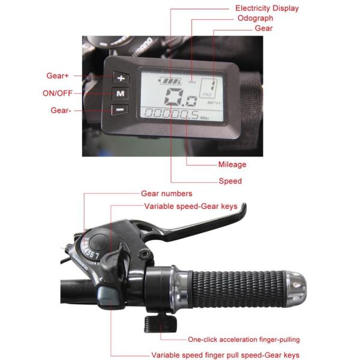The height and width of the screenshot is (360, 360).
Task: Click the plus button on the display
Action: point(121,78)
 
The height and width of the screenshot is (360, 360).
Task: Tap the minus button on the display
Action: point(119,110)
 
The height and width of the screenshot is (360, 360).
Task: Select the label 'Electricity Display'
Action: point(266,8)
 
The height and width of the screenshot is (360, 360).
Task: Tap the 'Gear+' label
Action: point(58,76)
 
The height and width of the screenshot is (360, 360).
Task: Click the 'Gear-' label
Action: point(58,110)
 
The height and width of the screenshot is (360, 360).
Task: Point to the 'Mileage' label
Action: point(232,164)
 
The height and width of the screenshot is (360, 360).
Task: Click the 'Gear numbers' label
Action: point(166,194)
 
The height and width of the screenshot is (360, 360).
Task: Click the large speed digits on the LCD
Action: point(180,95)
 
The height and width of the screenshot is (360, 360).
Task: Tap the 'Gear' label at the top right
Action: point(263,28)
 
